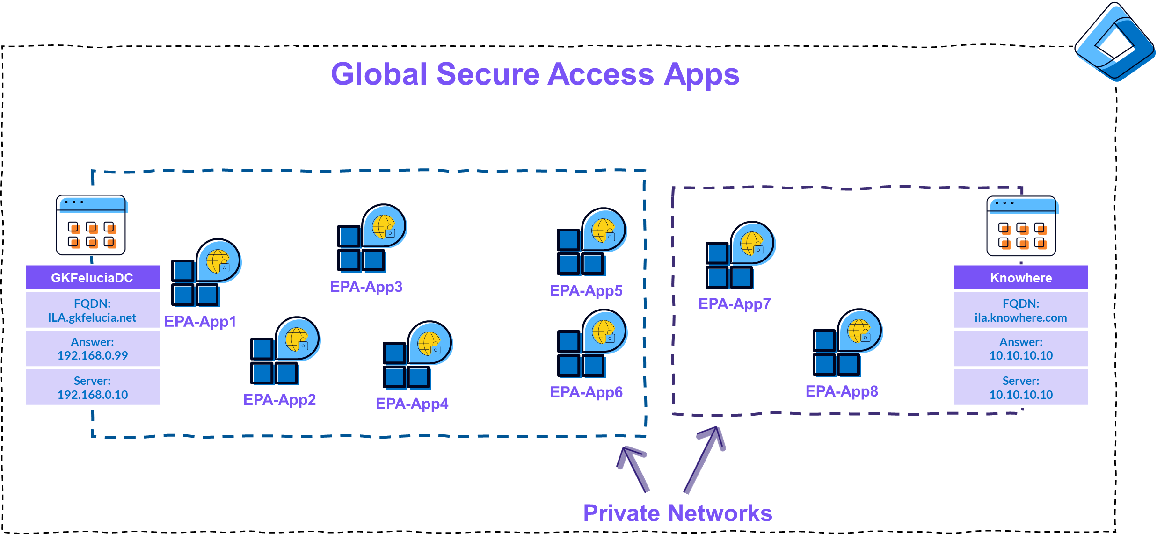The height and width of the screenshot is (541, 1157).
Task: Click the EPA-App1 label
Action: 200,322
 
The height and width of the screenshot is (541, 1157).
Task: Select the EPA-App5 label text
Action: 586,291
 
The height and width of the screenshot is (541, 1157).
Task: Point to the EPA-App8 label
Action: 841,391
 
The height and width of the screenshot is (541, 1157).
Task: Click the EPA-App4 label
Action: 412,404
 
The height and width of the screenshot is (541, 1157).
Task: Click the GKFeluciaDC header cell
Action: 92,278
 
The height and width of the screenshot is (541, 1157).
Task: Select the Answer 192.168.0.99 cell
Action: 92,349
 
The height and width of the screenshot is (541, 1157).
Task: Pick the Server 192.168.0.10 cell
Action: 92,388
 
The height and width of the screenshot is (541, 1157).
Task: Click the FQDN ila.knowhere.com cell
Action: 1020,310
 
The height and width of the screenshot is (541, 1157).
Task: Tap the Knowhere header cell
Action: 1020,278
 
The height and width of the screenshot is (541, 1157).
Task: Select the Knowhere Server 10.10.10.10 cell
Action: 1020,388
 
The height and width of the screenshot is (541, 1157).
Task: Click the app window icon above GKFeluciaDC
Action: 91,225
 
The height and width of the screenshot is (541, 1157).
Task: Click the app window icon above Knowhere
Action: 1021,226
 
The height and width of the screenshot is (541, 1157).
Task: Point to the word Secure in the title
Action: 488,74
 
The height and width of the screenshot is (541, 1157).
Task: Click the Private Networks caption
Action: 677,513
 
